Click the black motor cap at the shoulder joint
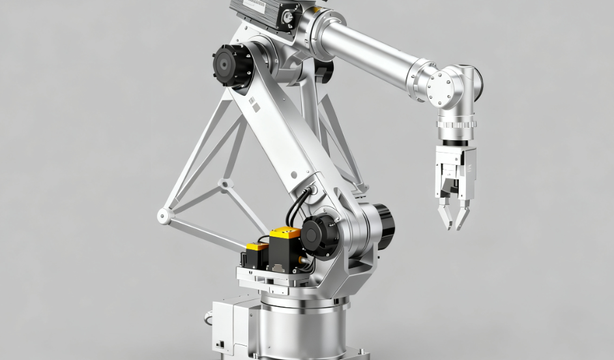pyautogui.click(x=231, y=67)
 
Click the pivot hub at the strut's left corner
pyautogui.click(x=164, y=216)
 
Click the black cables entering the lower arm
pyautogui.click(x=297, y=205)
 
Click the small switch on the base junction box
pyautogui.click(x=221, y=344)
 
